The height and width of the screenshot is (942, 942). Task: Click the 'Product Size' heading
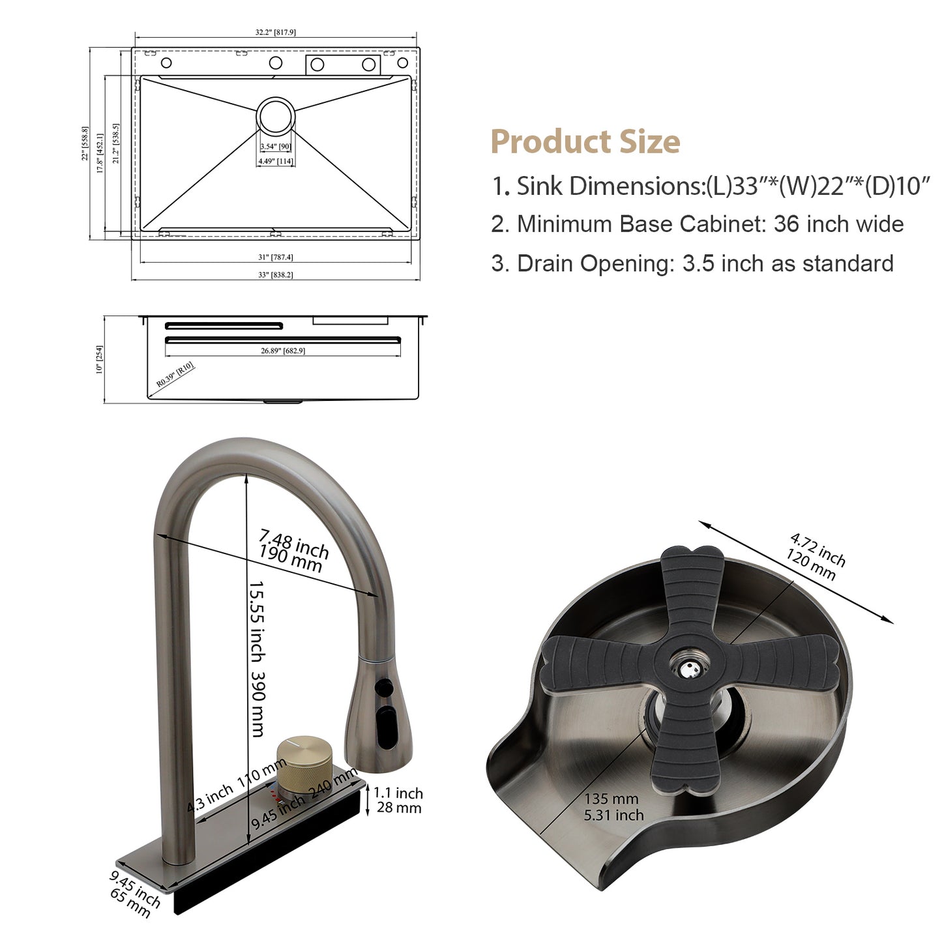pyautogui.click(x=585, y=141)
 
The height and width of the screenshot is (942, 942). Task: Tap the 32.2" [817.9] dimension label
pyautogui.click(x=275, y=32)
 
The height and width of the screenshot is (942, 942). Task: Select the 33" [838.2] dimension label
pyautogui.click(x=276, y=274)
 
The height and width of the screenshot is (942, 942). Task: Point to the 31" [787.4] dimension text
pyautogui.click(x=276, y=257)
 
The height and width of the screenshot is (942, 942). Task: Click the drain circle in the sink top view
pyautogui.click(x=276, y=116)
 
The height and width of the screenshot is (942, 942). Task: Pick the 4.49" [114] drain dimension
pyautogui.click(x=276, y=161)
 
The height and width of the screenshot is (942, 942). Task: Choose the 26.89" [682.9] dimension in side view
pyautogui.click(x=282, y=351)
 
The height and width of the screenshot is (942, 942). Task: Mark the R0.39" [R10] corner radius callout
pyautogui.click(x=175, y=374)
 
